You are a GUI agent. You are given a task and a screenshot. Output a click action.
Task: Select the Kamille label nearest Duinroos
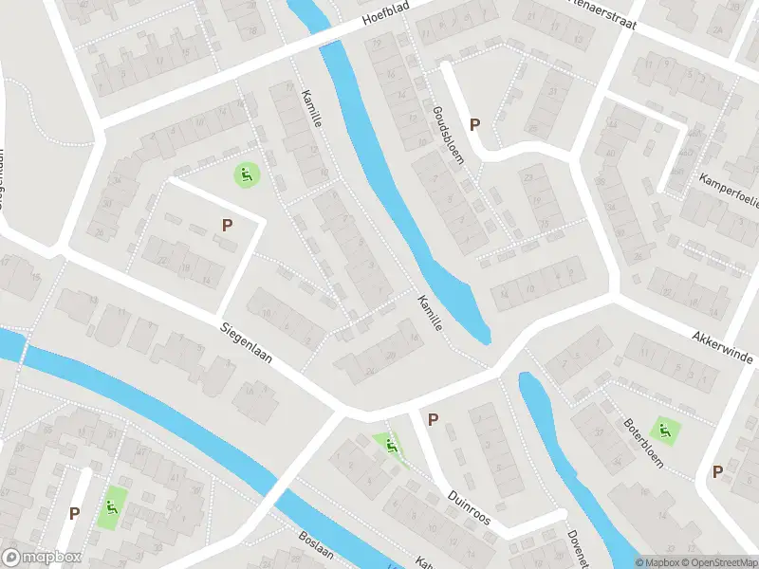tap(429, 313)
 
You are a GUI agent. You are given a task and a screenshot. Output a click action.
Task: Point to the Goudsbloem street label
tap(448, 137)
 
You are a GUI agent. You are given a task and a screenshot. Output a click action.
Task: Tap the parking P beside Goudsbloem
tap(475, 124)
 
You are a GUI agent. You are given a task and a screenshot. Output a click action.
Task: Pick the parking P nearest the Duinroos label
tap(434, 419)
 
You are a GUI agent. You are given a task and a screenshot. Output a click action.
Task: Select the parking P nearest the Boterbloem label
tap(717, 471)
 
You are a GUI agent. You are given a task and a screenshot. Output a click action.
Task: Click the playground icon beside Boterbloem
tap(667, 430)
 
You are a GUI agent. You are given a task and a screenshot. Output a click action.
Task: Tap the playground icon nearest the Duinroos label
tap(387, 444)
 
